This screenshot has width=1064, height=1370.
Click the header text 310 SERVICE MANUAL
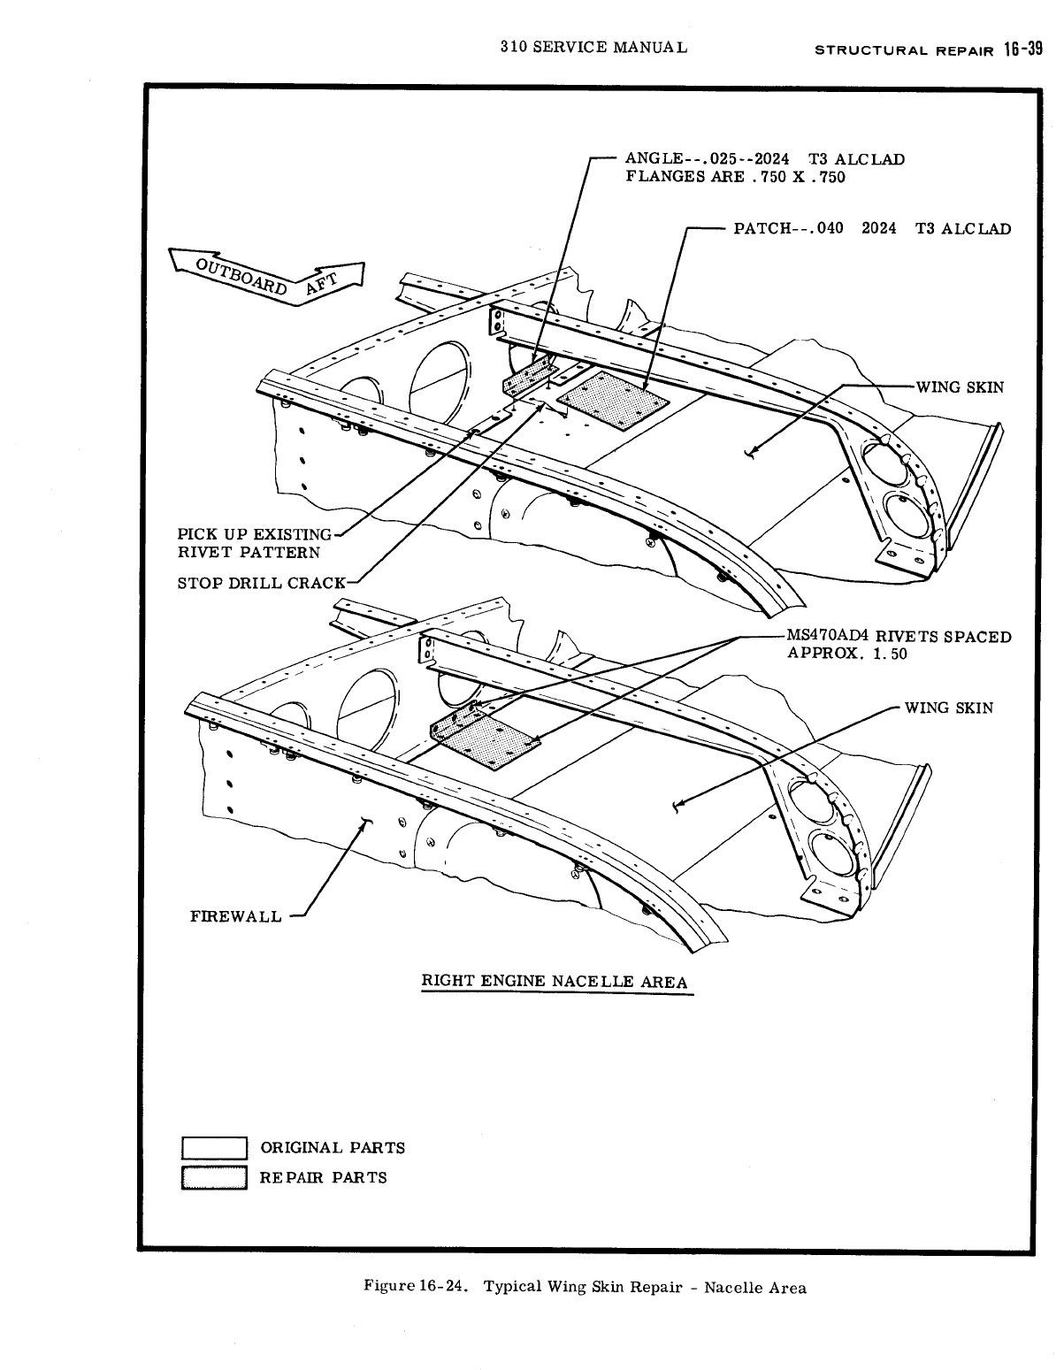pos(593,47)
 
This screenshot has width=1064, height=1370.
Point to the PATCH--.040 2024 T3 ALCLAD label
pos(872,228)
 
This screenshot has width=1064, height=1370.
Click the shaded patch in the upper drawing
pos(612,401)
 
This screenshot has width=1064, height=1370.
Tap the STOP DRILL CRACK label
pos(263,583)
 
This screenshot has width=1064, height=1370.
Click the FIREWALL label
pos(235,915)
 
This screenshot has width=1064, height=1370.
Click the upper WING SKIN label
pos(960,387)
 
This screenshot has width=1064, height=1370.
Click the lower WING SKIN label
pos(948,708)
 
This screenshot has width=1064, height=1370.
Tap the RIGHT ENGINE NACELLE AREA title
pos(555,981)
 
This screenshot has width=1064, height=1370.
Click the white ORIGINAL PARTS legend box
pos(214,1147)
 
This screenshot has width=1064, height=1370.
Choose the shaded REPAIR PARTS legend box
pos(214,1178)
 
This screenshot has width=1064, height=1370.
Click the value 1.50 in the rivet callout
pos(886,654)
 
